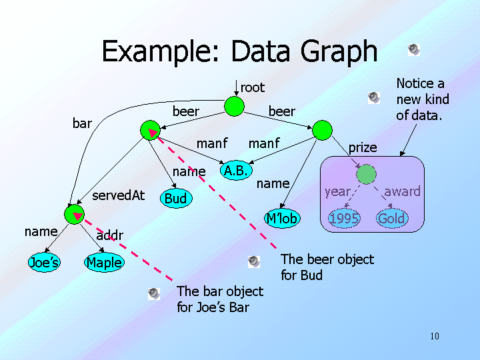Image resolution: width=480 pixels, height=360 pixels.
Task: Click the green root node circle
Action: [234, 107]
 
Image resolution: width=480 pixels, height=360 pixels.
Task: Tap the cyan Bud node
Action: [175, 198]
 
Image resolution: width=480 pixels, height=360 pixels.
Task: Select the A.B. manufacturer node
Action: [236, 171]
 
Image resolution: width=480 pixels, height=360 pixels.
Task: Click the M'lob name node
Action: [282, 218]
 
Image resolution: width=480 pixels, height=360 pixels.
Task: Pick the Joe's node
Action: [44, 263]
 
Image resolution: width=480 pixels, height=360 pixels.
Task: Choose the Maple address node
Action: [104, 263]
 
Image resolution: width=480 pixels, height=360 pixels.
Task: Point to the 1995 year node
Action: [345, 219]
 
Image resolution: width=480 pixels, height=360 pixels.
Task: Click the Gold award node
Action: [391, 219]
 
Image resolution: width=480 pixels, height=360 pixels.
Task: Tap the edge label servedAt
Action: [118, 195]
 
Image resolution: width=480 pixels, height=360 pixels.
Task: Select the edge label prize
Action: [363, 147]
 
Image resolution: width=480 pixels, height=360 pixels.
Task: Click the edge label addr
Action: [109, 235]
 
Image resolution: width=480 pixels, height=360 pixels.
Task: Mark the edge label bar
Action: [82, 123]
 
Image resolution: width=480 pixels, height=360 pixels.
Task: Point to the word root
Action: [252, 87]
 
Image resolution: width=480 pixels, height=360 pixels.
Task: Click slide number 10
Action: [435, 336]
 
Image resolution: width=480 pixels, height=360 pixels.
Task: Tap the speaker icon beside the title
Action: [414, 49]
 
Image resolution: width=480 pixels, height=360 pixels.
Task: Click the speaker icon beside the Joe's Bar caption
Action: [154, 293]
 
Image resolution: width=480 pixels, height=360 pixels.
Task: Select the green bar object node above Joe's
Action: [74, 214]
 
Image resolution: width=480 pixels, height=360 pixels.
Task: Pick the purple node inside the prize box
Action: [366, 174]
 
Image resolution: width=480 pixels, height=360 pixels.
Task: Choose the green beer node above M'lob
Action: [322, 130]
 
